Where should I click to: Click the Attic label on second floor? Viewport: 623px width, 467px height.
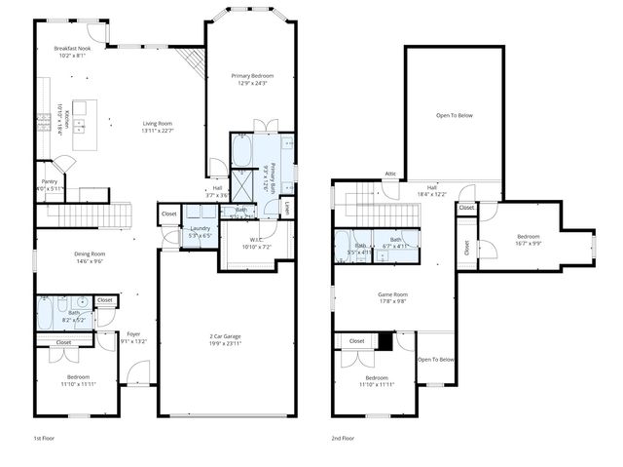(x=390, y=174)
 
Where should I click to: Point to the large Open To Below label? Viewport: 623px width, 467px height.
(x=454, y=115)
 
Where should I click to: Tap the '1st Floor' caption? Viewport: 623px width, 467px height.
(x=44, y=439)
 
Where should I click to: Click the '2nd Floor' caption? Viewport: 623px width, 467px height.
(x=342, y=439)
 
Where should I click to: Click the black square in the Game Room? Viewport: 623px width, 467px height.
(x=385, y=341)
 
